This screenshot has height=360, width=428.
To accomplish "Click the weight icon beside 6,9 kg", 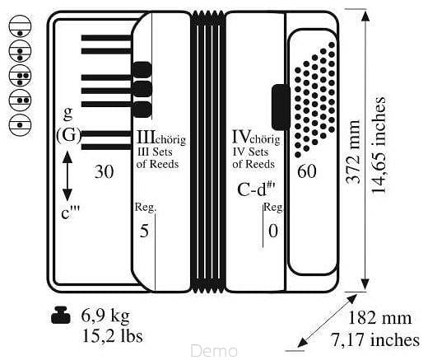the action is point(61,316).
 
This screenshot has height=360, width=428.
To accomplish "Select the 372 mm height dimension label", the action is point(352,152).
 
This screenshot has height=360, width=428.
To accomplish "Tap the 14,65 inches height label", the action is point(379,145).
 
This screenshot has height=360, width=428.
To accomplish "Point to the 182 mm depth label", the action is point(379,318).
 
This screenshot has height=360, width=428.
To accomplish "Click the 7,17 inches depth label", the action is point(375,339).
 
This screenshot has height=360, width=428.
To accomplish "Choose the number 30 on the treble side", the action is point(104,172).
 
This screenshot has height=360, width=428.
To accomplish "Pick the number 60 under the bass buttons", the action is point(307,171).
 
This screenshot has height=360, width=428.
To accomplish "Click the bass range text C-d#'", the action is point(257,189).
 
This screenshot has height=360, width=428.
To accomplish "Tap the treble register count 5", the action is point(144,231).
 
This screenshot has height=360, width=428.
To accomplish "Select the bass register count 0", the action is point(273,231).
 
